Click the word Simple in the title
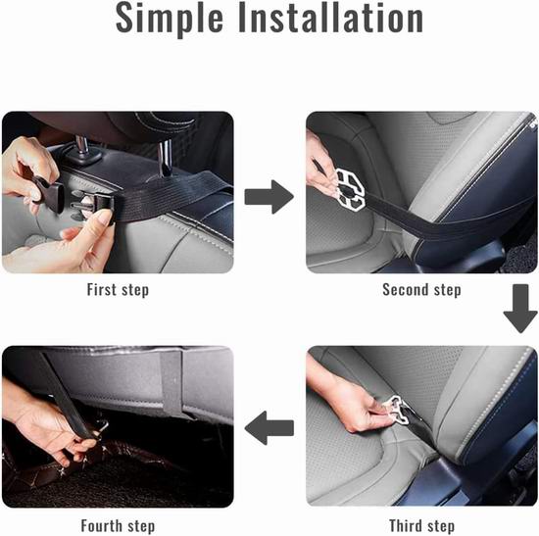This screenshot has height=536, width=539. pyautogui.click(x=170, y=19)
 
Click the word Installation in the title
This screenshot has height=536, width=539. pyautogui.click(x=330, y=18)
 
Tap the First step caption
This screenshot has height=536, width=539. pyautogui.click(x=118, y=290)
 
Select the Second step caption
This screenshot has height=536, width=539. pyautogui.click(x=421, y=290)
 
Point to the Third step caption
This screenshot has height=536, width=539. pyautogui.click(x=421, y=526)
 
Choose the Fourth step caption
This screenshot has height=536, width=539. pyautogui.click(x=118, y=526)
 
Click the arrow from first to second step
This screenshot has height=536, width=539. pyautogui.click(x=269, y=197)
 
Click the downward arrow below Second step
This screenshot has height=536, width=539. pyautogui.click(x=520, y=309)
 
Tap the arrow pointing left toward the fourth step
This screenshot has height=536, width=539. pyautogui.click(x=269, y=428)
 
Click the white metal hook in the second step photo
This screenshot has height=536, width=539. pyautogui.click(x=350, y=189)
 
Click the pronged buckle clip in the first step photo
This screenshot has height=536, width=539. pyautogui.click(x=91, y=205)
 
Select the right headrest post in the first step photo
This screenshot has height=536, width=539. pyautogui.click(x=166, y=158)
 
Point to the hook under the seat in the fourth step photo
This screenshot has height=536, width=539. pyautogui.click(x=102, y=427)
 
